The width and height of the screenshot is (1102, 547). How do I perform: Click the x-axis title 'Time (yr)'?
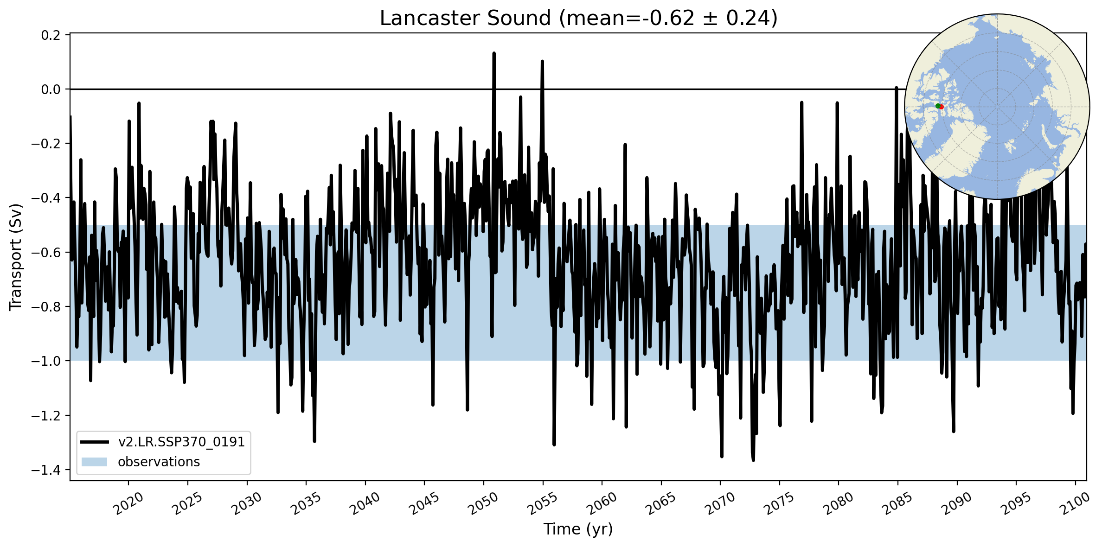[x=578, y=529]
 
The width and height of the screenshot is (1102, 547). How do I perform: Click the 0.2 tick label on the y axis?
[x=51, y=35]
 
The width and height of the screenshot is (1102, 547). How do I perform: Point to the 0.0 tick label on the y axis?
[x=51, y=89]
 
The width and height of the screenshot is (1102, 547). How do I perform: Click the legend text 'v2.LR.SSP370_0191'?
[x=181, y=442]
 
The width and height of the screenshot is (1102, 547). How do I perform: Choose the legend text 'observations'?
[x=159, y=462]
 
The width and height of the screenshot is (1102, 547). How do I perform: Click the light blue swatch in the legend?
[x=94, y=462]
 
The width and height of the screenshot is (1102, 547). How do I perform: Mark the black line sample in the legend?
[x=94, y=442]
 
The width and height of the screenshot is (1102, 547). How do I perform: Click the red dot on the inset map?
[x=942, y=107]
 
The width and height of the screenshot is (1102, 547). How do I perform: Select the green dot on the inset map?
[x=937, y=106]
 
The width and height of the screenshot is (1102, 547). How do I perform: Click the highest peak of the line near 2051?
[x=494, y=53]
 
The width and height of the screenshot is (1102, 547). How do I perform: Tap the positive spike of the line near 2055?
[x=542, y=61]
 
